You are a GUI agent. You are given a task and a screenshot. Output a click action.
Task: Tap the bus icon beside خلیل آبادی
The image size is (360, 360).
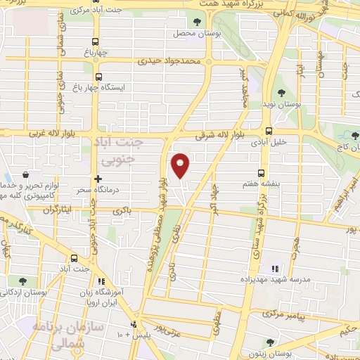point(269,130)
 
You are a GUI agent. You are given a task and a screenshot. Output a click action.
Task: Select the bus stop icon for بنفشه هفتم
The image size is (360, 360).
point(262,172)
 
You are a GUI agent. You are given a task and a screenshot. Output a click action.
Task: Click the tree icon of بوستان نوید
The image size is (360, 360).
point(281,93)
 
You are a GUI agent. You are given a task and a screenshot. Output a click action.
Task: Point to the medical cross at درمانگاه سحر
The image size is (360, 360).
point(98,179)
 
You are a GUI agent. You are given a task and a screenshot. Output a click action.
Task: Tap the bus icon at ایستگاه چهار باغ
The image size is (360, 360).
point(98,77)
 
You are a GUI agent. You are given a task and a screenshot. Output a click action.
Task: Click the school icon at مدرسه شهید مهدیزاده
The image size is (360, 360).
point(274,268)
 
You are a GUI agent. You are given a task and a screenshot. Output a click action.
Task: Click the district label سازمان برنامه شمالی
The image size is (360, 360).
point(67,334)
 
